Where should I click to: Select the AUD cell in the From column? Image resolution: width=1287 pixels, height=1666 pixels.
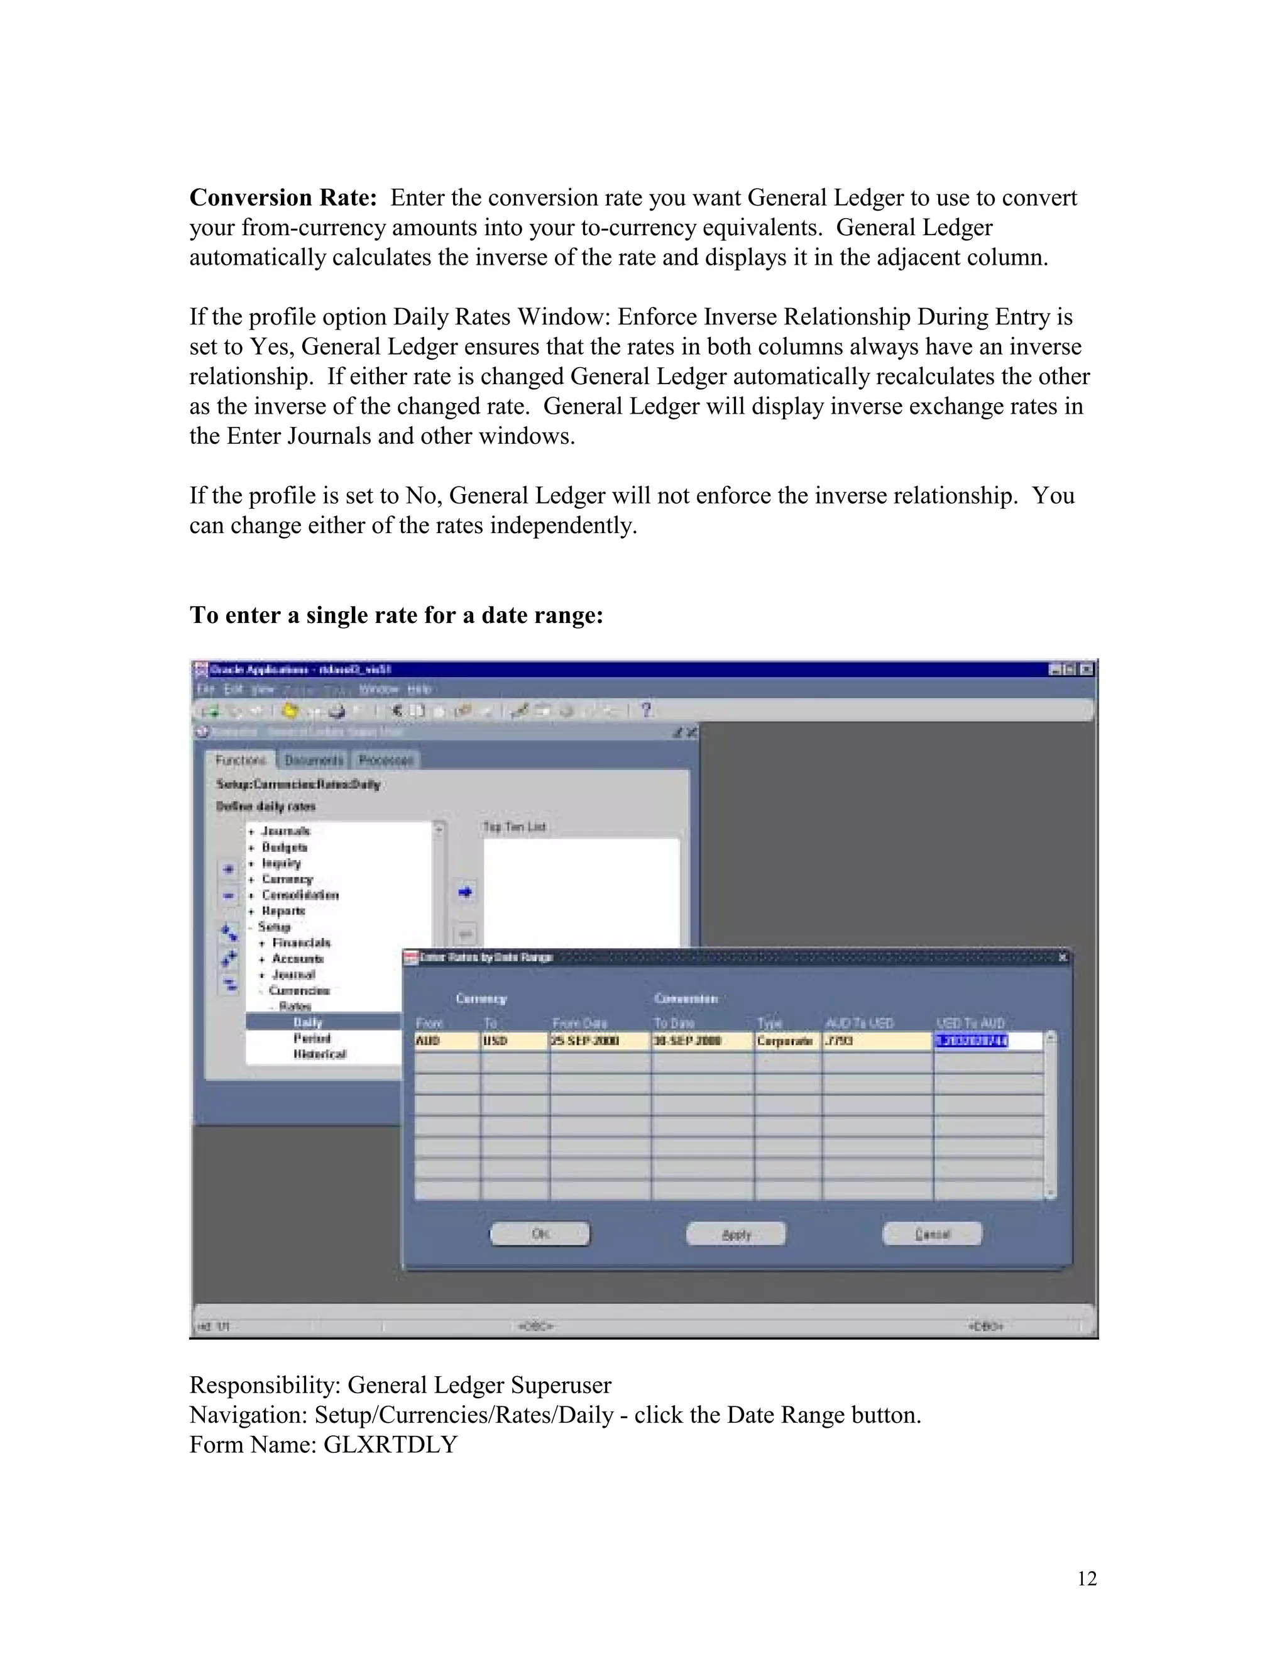[446, 1040]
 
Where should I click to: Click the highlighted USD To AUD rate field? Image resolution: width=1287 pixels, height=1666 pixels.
[972, 1040]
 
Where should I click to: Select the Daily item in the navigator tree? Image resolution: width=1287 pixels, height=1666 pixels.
[308, 1022]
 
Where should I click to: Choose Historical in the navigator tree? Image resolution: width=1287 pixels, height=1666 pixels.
[319, 1054]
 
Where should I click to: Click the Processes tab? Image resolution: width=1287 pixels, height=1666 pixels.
[386, 760]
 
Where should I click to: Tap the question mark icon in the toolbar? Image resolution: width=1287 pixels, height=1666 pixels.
[646, 710]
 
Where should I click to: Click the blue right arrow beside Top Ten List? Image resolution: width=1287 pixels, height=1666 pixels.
[465, 891]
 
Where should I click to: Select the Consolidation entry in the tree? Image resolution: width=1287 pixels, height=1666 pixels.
[300, 895]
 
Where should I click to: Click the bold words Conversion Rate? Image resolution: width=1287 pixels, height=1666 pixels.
[283, 197]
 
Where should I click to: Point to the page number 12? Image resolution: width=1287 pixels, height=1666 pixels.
[1087, 1578]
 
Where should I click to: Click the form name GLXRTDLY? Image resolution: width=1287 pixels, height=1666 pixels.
[390, 1444]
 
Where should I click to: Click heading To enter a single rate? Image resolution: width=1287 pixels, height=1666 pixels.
[396, 615]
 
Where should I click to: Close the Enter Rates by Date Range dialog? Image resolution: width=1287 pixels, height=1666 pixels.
[1063, 957]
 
